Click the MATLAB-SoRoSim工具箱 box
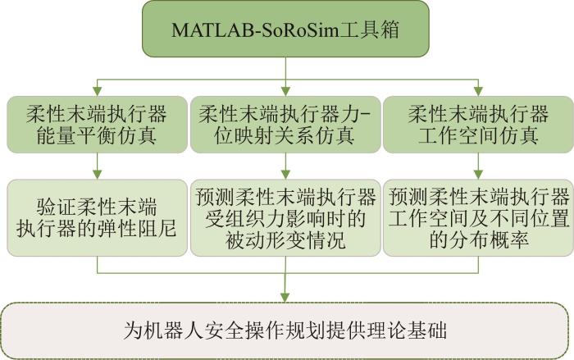[x=285, y=29]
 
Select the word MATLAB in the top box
[x=212, y=30]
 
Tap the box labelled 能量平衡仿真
[x=97, y=125]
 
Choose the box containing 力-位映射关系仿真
[x=285, y=125]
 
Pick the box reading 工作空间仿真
[x=478, y=125]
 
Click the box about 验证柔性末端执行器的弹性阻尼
[x=97, y=217]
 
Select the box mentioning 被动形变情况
[x=285, y=217]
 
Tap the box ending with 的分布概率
[x=478, y=217]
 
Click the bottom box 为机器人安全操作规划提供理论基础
[x=285, y=330]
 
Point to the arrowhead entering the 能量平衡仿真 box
[x=97, y=91]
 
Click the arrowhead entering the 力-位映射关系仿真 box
[x=285, y=91]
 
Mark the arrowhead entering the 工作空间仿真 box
[x=478, y=91]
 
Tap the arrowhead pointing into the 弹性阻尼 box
[x=97, y=175]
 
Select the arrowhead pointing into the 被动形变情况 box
[x=285, y=175]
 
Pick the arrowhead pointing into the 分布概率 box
[x=478, y=175]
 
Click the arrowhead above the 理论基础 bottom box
[x=285, y=298]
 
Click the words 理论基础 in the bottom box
[x=407, y=330]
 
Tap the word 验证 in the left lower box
[x=57, y=207]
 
